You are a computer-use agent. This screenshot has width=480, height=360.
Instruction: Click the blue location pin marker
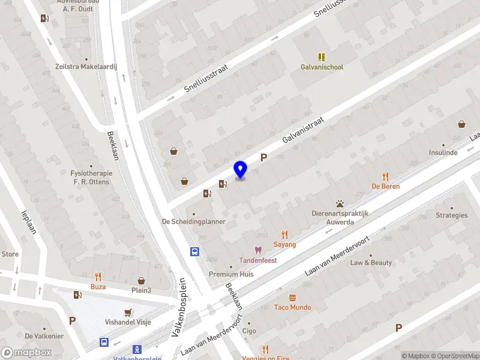click(x=241, y=170)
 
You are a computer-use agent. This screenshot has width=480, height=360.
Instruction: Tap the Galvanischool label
click(x=322, y=67)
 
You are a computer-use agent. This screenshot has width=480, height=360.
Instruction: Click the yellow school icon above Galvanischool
click(x=322, y=57)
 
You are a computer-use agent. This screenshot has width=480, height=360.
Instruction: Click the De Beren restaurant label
click(x=385, y=187)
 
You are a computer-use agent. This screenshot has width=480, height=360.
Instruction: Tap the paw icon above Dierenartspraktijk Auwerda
click(x=340, y=204)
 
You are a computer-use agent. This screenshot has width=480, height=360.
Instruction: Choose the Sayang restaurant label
click(x=285, y=245)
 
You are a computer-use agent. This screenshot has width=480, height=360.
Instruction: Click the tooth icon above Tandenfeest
click(x=259, y=250)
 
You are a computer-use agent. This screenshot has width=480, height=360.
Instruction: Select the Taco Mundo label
click(x=292, y=308)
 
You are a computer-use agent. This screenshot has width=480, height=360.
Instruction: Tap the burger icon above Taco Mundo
click(x=292, y=298)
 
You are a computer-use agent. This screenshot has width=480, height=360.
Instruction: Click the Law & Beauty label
click(x=371, y=263)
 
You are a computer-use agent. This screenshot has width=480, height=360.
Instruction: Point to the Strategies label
click(x=451, y=215)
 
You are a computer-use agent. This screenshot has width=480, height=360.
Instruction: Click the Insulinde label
click(x=443, y=153)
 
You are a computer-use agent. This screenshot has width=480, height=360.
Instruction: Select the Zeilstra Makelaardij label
click(x=86, y=68)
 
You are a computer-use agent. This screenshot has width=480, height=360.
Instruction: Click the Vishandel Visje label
click(x=128, y=322)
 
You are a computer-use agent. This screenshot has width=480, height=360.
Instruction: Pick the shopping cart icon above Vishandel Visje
click(x=128, y=313)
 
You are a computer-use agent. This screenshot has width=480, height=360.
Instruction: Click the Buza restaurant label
click(x=98, y=287)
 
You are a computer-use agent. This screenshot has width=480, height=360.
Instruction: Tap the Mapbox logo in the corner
click(x=26, y=352)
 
